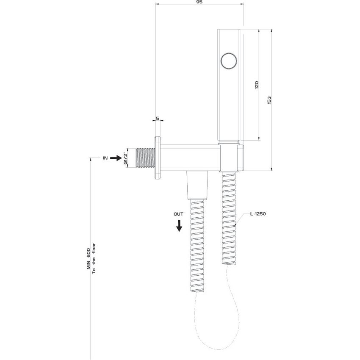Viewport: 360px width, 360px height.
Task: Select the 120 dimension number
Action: click(x=255, y=85)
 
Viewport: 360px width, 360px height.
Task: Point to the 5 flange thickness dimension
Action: click(x=158, y=119)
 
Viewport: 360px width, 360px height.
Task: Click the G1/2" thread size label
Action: click(x=125, y=158)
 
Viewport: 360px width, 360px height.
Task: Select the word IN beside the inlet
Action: click(x=105, y=158)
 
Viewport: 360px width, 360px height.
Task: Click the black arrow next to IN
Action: click(x=116, y=158)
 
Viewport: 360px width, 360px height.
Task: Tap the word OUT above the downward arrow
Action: click(x=178, y=214)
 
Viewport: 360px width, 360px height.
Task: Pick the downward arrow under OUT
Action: click(x=179, y=225)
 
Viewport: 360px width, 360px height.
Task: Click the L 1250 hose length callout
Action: click(x=258, y=215)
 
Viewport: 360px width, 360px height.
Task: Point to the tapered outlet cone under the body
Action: click(x=198, y=186)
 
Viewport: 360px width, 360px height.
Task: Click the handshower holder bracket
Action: click(x=233, y=158)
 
